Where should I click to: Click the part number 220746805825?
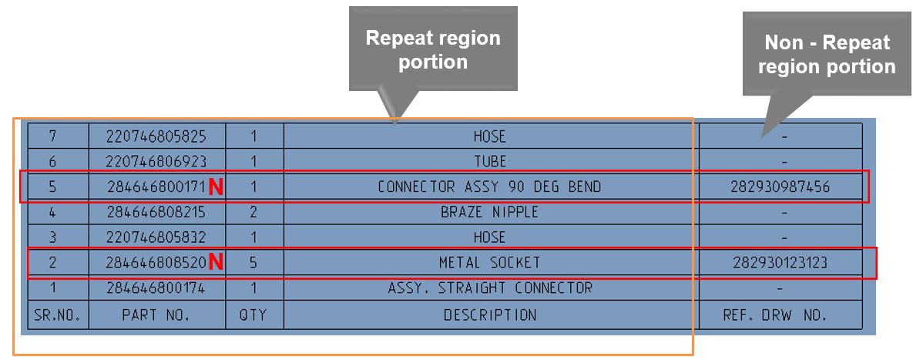156,136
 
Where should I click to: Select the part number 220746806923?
156,161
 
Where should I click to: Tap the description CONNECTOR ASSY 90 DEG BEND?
489,187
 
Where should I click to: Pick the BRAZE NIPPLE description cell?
489,212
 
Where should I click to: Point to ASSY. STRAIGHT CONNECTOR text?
489,288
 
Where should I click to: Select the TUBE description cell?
490,161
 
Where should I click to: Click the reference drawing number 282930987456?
780,187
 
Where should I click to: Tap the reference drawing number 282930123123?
780,263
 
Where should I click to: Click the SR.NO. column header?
57,315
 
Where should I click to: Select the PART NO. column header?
156,315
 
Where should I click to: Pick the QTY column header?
253,315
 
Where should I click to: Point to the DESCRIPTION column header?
490,315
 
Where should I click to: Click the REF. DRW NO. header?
780,315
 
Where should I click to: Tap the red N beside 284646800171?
216,187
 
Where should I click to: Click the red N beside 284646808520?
216,262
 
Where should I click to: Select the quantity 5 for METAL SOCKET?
253,263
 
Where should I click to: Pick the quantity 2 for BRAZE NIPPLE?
253,212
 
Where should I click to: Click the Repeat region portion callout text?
433,49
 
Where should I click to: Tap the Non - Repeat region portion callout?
827,54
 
